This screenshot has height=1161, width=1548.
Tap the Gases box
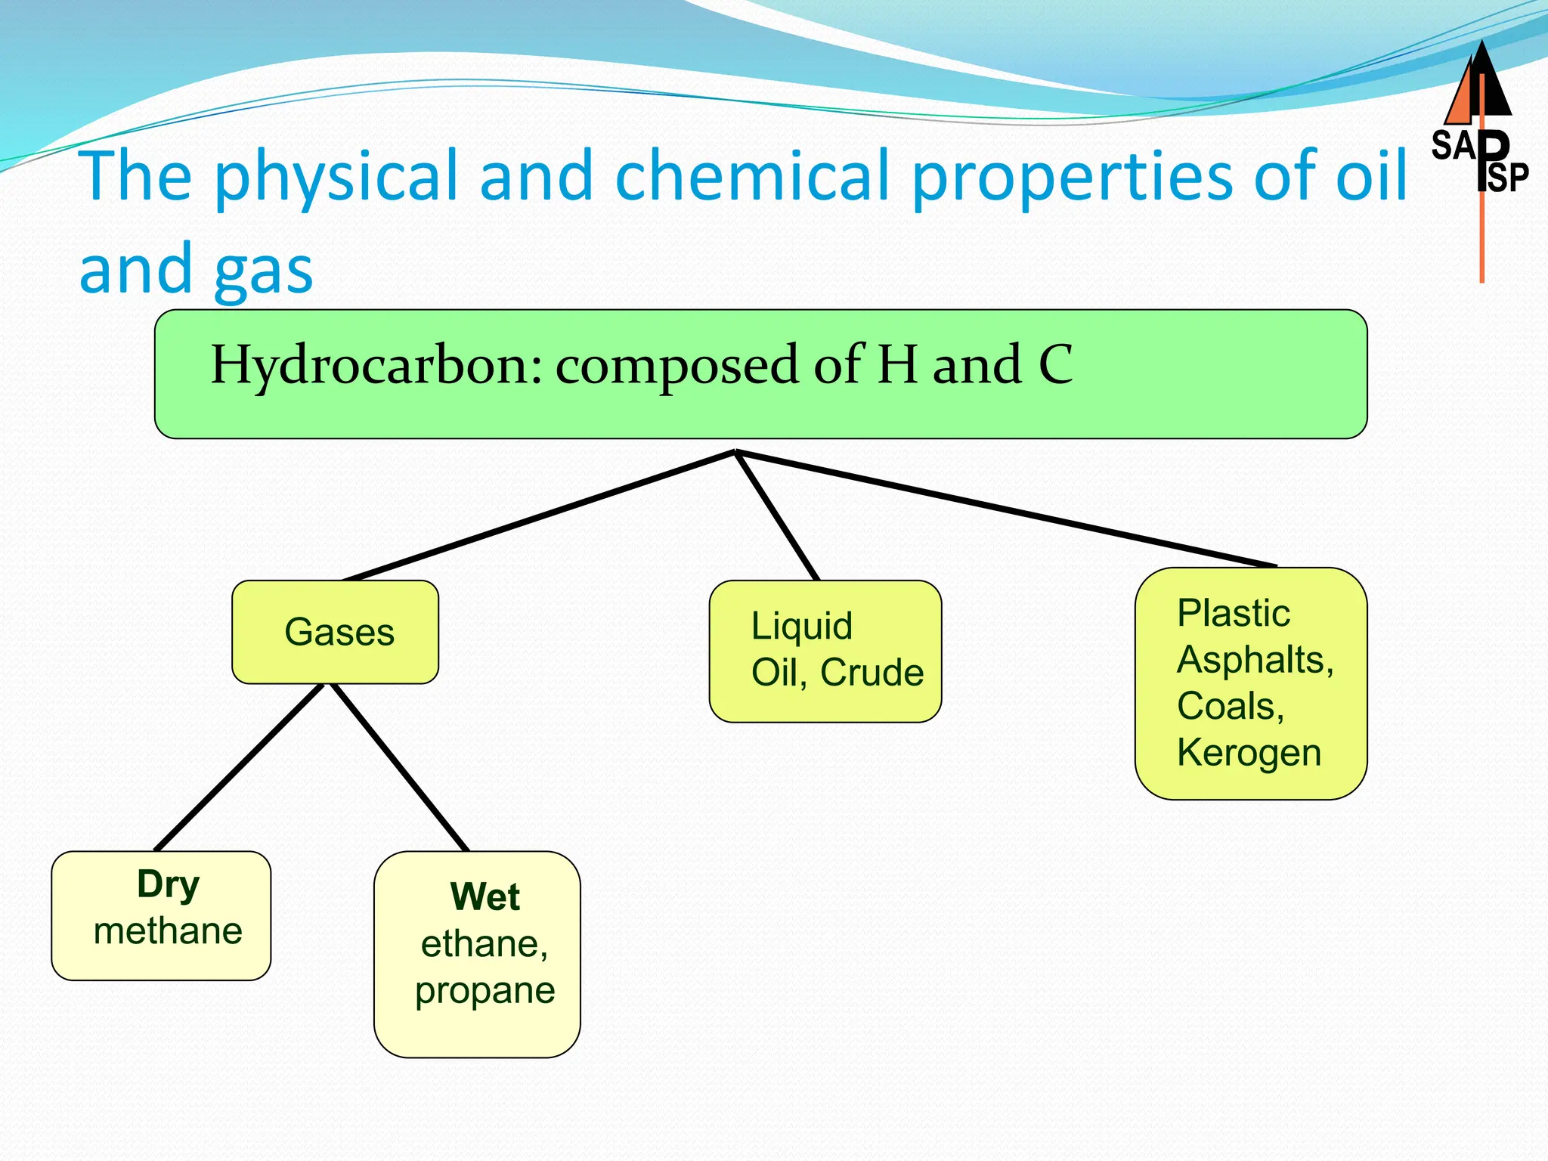(x=336, y=632)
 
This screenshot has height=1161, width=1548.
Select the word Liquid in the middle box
(x=801, y=626)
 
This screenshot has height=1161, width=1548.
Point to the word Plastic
(x=1233, y=613)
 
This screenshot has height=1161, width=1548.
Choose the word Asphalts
(x=1254, y=660)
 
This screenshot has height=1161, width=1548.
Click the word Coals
(x=1230, y=706)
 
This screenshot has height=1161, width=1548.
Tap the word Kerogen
(x=1249, y=753)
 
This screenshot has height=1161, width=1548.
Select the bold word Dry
(x=168, y=884)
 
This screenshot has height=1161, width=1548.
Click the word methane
(x=168, y=931)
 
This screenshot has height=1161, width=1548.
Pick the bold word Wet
(x=485, y=897)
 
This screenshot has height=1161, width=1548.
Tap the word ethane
(x=483, y=944)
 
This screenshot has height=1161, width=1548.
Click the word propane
(x=485, y=991)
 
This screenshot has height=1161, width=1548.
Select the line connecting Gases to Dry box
(x=239, y=767)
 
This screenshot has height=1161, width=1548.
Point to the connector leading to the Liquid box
(x=777, y=516)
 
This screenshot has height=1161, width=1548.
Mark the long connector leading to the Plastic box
(x=1005, y=509)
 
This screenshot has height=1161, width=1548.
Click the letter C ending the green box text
(x=1055, y=366)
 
